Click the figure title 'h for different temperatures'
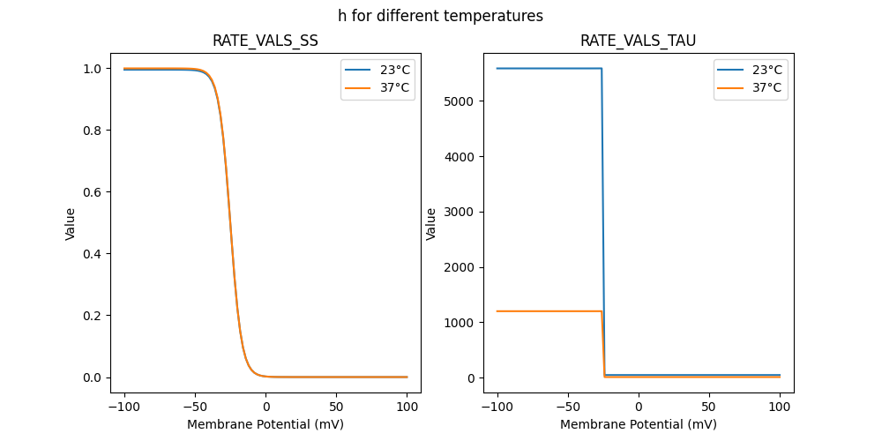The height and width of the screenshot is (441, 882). point(440,16)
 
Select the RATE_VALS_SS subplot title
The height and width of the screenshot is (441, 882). point(265,41)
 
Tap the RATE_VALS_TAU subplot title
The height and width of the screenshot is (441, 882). point(638,41)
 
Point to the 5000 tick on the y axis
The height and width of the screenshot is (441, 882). point(460,101)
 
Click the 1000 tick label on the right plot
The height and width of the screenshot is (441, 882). point(460,323)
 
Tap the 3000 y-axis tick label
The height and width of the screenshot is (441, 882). point(460,212)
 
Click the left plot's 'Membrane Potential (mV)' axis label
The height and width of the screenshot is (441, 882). point(265,424)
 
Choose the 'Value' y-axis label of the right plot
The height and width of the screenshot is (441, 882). point(431,223)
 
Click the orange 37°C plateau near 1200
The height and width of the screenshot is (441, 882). point(547,311)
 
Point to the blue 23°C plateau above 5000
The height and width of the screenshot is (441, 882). point(547,68)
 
